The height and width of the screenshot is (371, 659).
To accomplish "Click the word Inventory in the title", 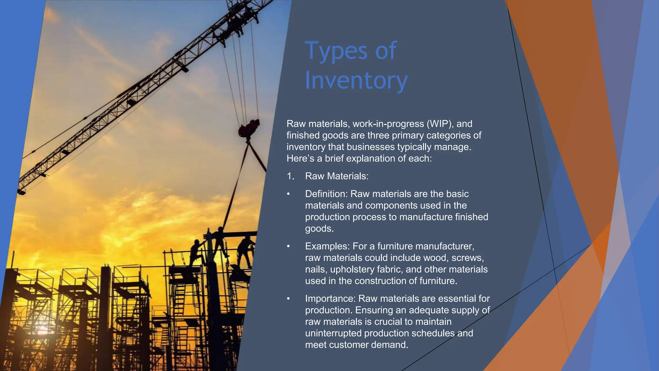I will [x=356, y=81].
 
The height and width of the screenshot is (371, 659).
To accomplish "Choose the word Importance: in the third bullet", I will [x=330, y=299].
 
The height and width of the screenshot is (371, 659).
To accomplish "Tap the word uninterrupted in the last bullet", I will [x=333, y=333].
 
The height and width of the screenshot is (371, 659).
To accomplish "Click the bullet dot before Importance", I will [x=289, y=299].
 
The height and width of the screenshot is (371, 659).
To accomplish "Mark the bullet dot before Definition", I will [x=289, y=194].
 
